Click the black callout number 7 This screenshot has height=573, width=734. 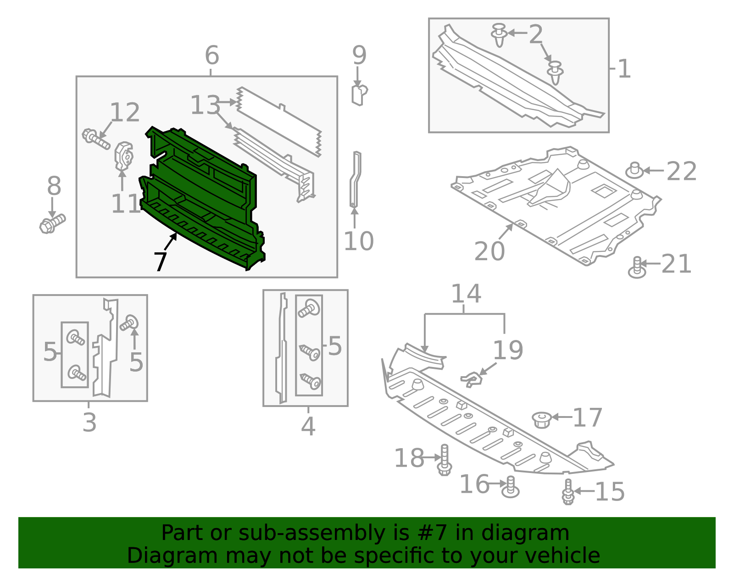[x=160, y=262]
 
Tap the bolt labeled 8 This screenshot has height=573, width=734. [x=51, y=224]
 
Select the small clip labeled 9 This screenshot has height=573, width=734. [x=359, y=95]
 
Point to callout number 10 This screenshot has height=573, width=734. [x=358, y=241]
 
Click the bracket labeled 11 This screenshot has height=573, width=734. [x=123, y=156]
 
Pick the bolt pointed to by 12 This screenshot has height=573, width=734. [x=95, y=139]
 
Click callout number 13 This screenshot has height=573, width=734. [x=205, y=106]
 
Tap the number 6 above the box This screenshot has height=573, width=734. [x=211, y=56]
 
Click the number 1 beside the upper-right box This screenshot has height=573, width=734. [x=624, y=69]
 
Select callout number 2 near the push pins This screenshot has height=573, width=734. [x=535, y=35]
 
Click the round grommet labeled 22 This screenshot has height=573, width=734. [x=634, y=171]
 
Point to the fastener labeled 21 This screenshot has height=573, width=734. [x=637, y=267]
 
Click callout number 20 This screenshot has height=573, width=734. [x=489, y=251]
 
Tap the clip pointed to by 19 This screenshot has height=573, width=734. [x=471, y=379]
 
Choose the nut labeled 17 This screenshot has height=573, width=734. [x=542, y=419]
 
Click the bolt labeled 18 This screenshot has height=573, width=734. [x=444, y=461]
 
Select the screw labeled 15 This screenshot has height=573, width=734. [x=568, y=492]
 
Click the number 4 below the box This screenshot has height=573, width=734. [x=308, y=427]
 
